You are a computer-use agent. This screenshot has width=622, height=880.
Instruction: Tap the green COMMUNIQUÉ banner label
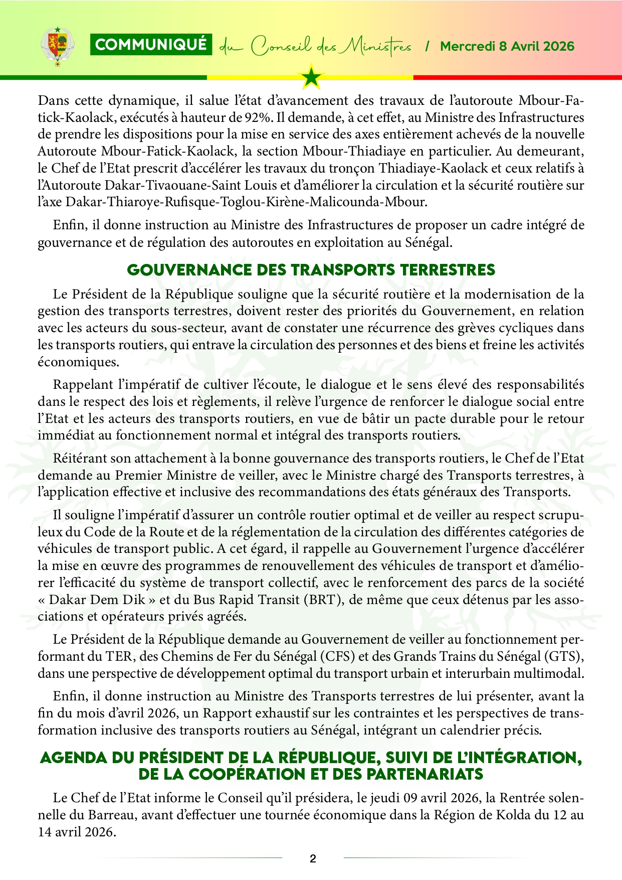tap(151, 45)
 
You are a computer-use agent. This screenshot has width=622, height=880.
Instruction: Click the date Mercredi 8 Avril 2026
tap(507, 47)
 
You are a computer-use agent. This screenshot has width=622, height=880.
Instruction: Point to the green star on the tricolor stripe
tap(311, 77)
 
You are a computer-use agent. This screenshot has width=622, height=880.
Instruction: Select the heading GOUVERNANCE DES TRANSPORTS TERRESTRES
tap(311, 270)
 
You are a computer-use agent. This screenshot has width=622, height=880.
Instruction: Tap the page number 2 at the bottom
tap(313, 858)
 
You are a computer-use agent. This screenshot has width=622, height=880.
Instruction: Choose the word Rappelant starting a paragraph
tap(82, 385)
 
